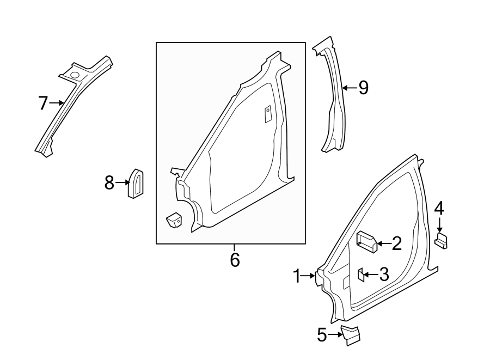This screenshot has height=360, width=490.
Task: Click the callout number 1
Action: click(x=297, y=277)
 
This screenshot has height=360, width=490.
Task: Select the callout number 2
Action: click(x=396, y=243)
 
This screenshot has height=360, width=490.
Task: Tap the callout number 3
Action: click(x=383, y=274)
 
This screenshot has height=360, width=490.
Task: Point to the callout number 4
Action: click(x=439, y=209)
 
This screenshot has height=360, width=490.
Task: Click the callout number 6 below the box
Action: click(x=235, y=260)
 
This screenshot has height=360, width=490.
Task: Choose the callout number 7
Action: click(x=43, y=103)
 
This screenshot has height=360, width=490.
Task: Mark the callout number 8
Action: click(x=109, y=183)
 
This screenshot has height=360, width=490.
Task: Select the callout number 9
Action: click(x=363, y=87)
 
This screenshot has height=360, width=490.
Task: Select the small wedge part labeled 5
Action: click(x=350, y=334)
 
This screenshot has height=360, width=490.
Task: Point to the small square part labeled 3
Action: click(x=360, y=274)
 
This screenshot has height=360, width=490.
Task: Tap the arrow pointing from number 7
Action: click(x=57, y=103)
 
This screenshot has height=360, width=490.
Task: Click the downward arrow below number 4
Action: click(x=439, y=226)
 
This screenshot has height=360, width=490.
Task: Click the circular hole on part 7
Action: click(x=73, y=74)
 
